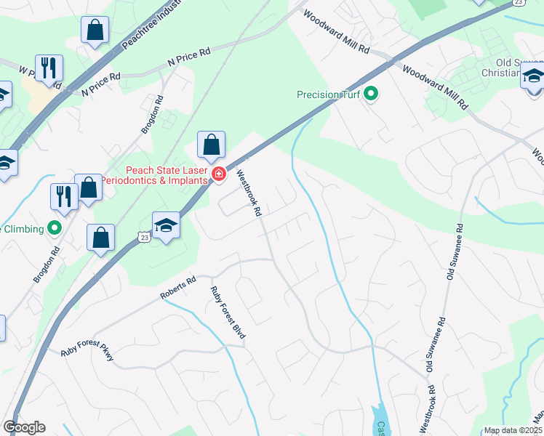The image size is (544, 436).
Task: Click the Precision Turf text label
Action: tap(328, 94)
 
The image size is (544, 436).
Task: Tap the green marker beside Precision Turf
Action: tap(371, 94)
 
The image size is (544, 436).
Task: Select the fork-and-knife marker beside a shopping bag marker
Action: tap(64, 196)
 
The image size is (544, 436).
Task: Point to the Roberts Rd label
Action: tap(178, 288)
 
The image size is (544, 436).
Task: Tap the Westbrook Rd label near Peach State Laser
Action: tap(248, 194)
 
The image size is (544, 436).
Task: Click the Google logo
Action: tap(24, 427)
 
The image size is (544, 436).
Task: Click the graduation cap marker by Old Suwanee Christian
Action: tap(533, 76)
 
